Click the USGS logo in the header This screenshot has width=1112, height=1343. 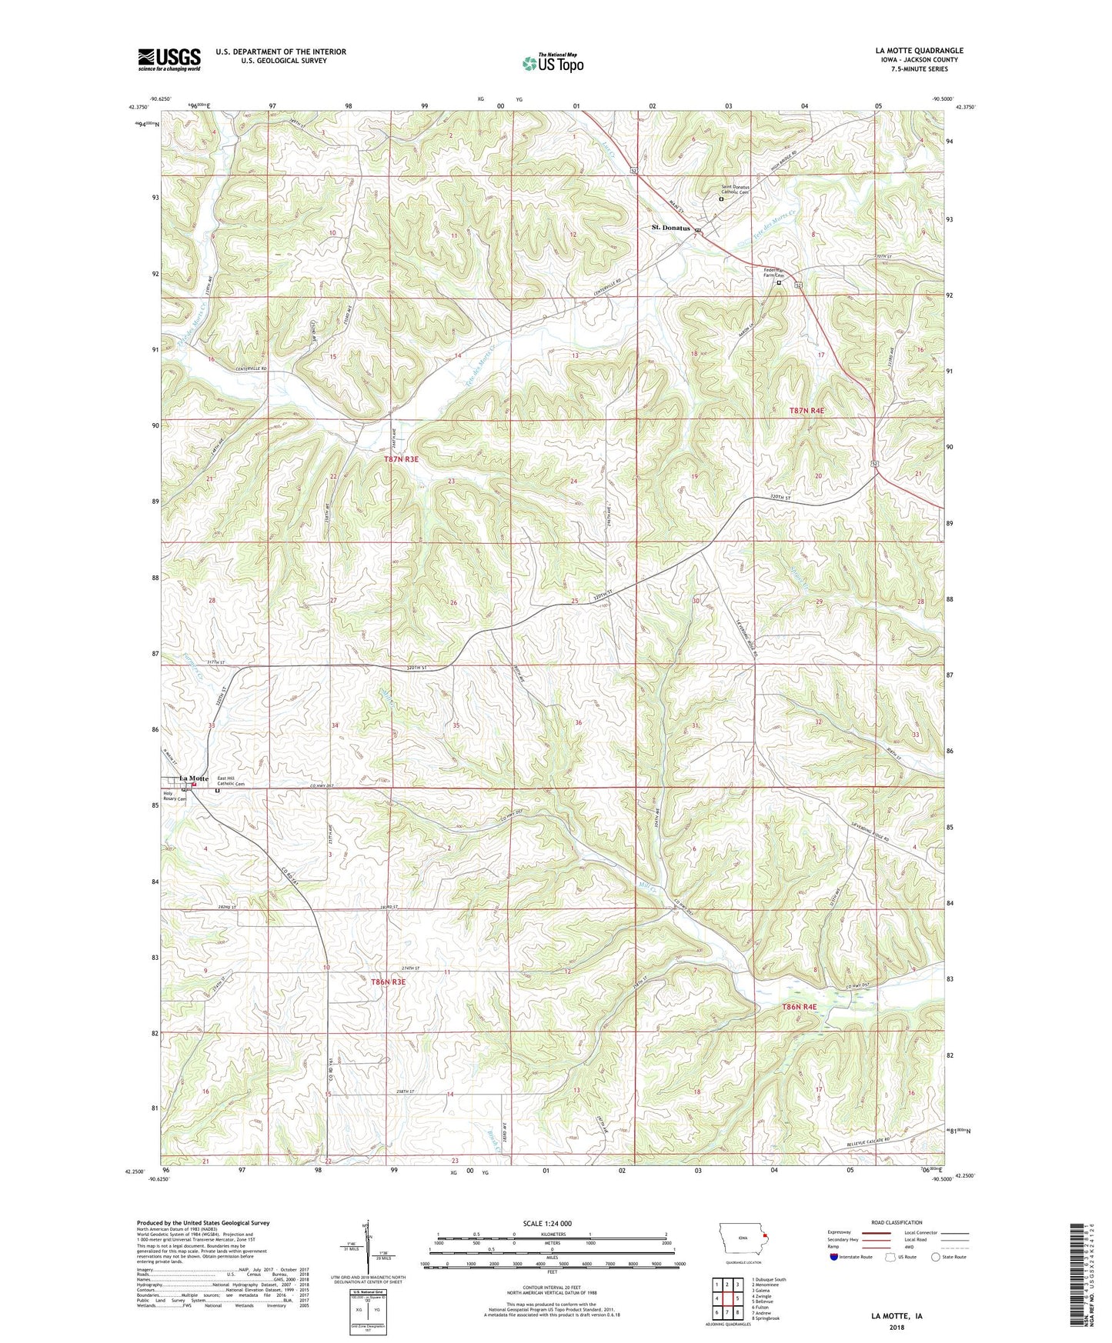click(169, 59)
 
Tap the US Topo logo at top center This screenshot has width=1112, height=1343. click(552, 63)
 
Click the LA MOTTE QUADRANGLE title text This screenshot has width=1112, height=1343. click(919, 51)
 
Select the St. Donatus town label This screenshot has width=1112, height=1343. click(670, 228)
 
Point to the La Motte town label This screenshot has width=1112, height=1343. click(194, 778)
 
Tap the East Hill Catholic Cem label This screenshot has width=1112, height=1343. click(231, 781)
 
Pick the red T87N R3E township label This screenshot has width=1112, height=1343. click(401, 458)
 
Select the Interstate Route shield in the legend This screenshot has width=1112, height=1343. click(834, 1258)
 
